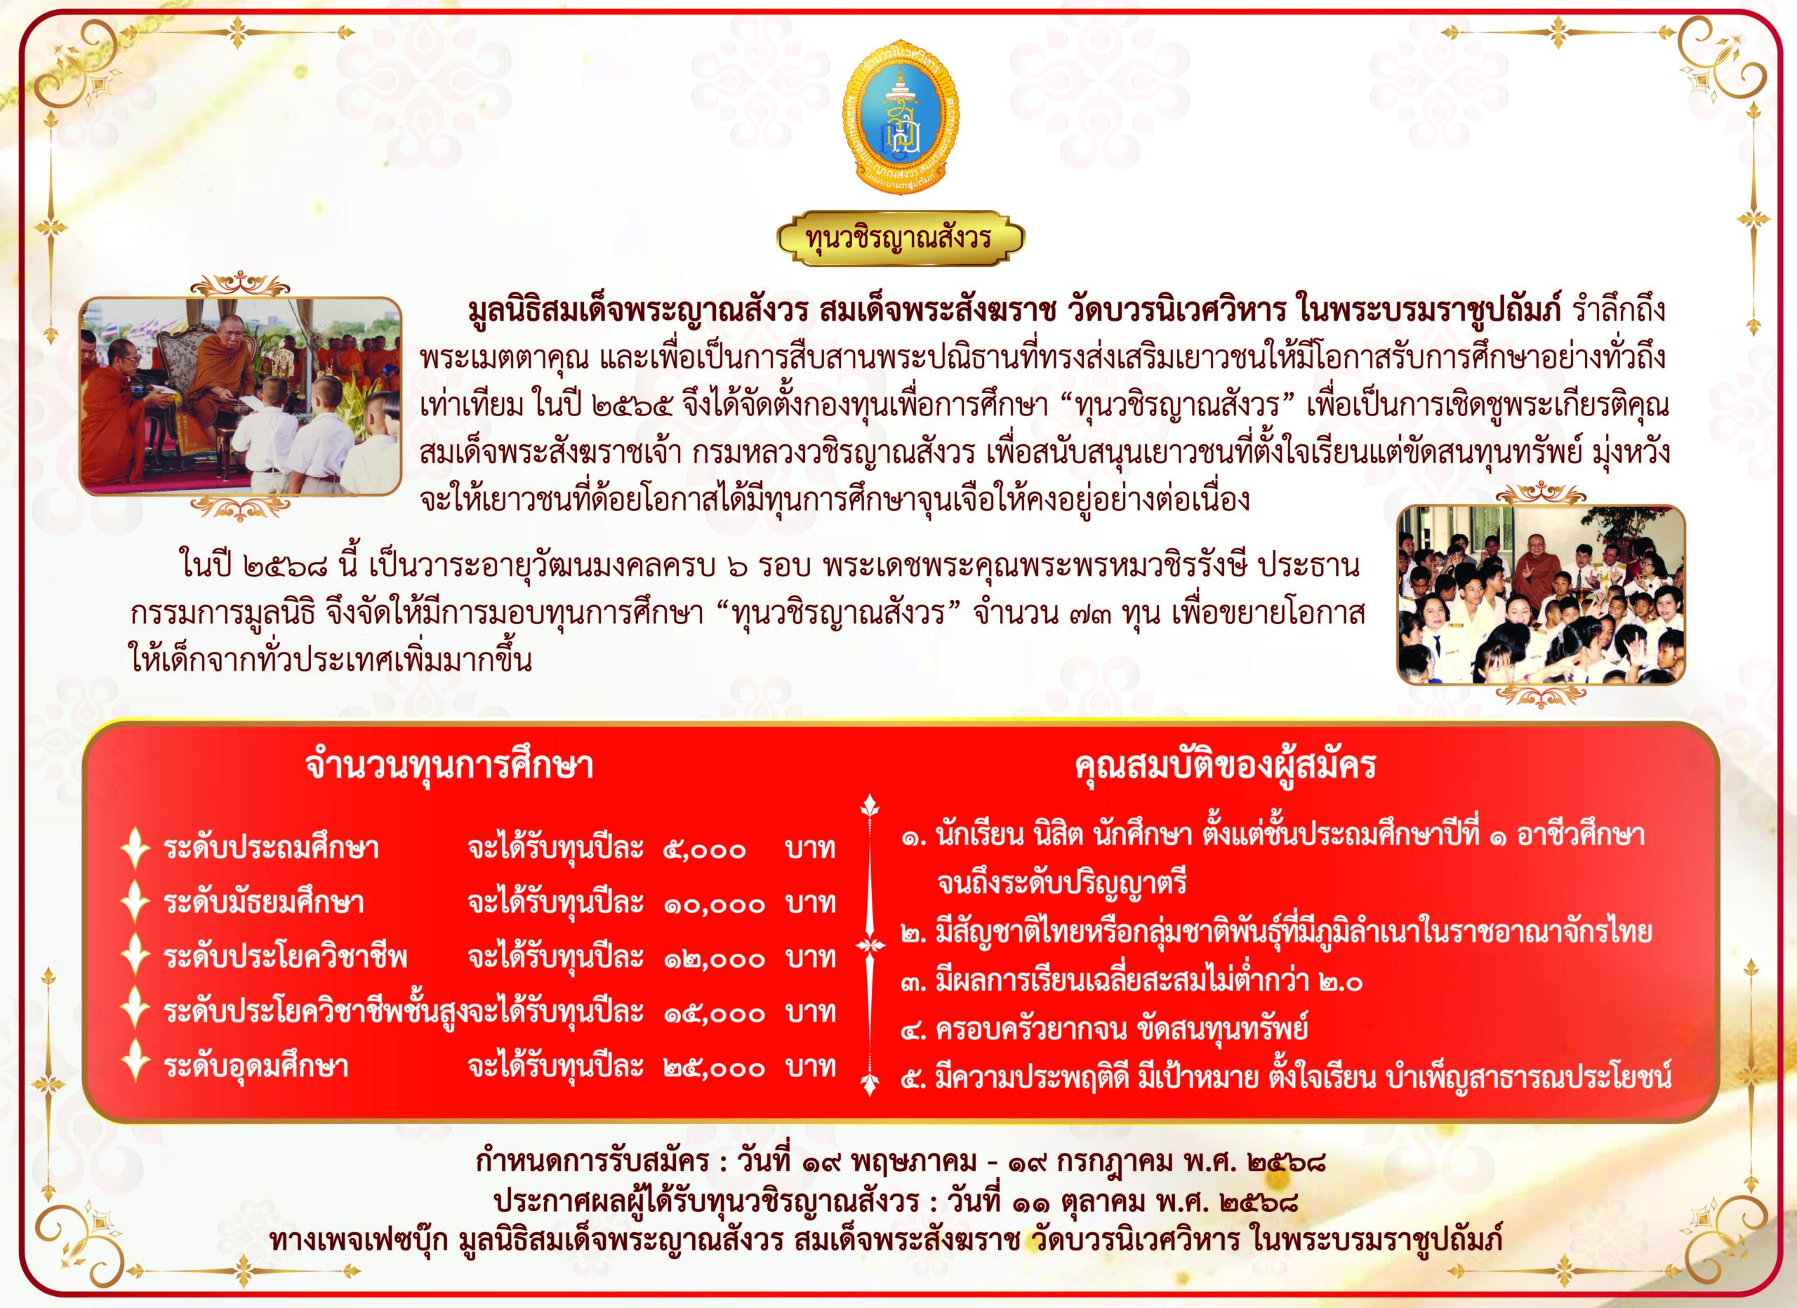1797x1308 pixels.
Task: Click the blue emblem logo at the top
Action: click(898, 119)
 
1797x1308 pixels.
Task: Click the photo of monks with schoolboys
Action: click(240, 396)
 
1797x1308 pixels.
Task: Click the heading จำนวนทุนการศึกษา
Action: click(449, 766)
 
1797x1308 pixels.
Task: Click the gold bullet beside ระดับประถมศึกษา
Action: click(135, 848)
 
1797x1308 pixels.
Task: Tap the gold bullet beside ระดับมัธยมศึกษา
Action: click(135, 902)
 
